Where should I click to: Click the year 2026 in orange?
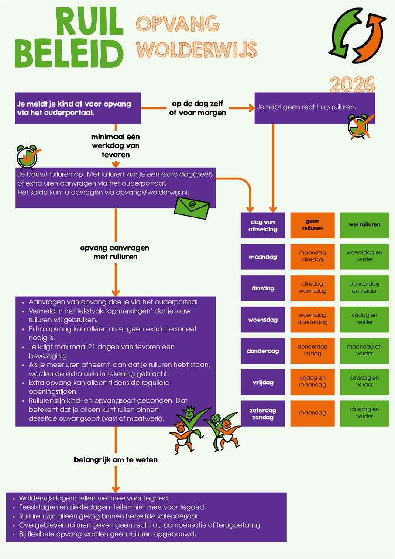point(352,84)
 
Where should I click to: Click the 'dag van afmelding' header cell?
point(263,225)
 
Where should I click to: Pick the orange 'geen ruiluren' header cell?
point(312,225)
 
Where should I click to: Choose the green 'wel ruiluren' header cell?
point(364,225)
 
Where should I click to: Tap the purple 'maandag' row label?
point(263,257)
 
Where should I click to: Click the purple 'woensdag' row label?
point(263,320)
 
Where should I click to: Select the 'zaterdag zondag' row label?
point(263,414)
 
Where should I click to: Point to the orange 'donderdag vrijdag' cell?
point(312,351)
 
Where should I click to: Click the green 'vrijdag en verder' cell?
point(364,319)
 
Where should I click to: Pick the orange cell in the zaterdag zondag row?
point(312,414)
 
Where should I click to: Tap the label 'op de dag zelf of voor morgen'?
point(198,109)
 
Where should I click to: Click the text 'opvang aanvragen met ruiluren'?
point(115,252)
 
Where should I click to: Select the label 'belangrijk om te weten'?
point(115,459)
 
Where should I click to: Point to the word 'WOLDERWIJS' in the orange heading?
point(197,49)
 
